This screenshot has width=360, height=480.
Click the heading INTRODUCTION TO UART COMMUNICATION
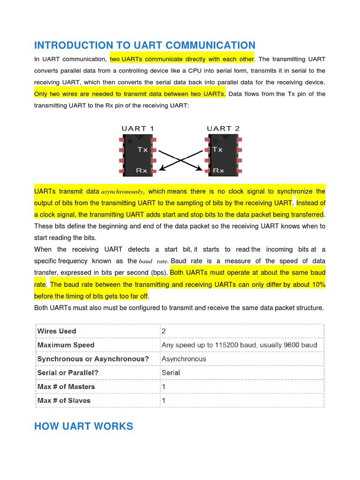[x=144, y=45]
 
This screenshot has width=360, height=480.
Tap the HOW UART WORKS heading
[x=83, y=426]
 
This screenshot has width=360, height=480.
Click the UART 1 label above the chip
[x=138, y=128]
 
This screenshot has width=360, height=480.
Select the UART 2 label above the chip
[x=223, y=128]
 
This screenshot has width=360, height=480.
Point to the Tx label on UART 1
[x=142, y=150]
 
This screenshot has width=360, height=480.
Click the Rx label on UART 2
[x=218, y=171]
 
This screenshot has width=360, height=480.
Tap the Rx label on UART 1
[x=142, y=171]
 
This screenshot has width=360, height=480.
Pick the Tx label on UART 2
[x=217, y=150]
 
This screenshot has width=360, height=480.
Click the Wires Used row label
[x=56, y=331]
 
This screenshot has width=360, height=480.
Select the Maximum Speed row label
[x=66, y=345]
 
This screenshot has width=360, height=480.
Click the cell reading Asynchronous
[x=184, y=359]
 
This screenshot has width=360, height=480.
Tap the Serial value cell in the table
[x=171, y=373]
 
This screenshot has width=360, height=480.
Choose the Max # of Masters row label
[x=66, y=387]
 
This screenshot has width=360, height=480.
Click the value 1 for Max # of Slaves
[x=164, y=401]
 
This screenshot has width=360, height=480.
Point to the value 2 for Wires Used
[x=164, y=331]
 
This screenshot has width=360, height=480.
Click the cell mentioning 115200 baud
[x=239, y=345]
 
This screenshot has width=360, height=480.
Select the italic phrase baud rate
[x=154, y=261]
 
